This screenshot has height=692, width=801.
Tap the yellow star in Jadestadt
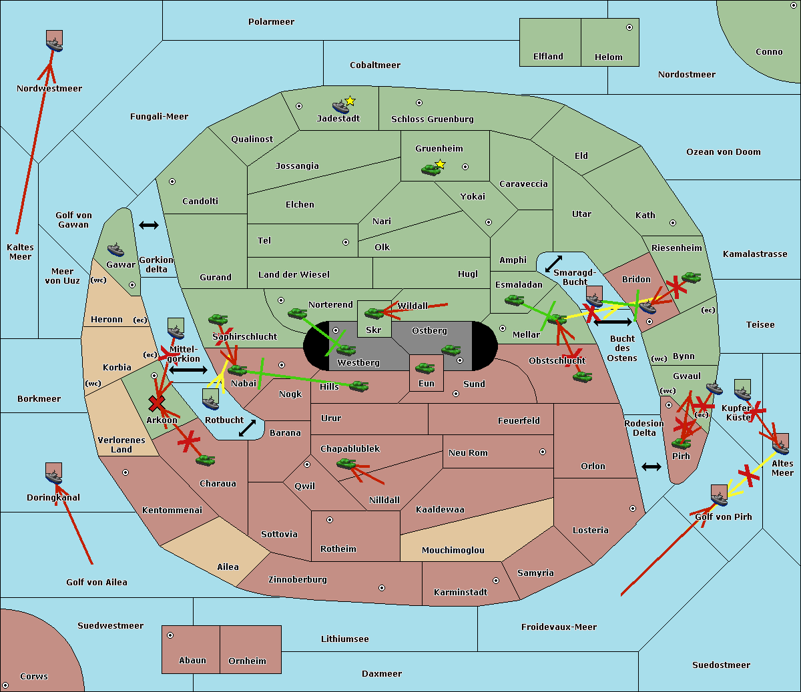[350, 101]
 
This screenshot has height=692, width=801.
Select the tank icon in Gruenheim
[431, 170]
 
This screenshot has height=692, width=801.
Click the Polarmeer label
[271, 22]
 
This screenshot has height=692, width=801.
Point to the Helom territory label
[608, 57]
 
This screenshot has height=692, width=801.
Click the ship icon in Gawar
[116, 250]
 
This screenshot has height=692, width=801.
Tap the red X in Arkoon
[157, 403]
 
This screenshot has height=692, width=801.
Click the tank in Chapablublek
[346, 463]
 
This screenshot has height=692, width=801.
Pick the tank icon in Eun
[425, 368]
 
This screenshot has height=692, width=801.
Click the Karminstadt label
[461, 593]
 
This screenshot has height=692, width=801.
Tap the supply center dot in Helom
[629, 27]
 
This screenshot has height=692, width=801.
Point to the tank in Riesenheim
[691, 277]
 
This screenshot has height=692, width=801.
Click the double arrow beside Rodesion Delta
[651, 466]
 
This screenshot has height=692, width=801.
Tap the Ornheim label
[247, 661]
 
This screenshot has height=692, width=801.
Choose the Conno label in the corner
[769, 52]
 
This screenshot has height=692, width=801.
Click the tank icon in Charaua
[205, 460]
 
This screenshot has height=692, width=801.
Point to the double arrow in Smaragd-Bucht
[554, 264]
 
